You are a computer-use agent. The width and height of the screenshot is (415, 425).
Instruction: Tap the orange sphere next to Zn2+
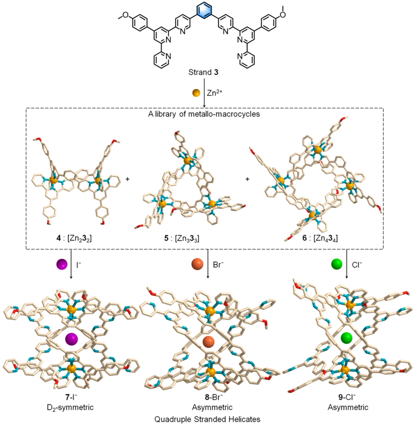click(x=196, y=93)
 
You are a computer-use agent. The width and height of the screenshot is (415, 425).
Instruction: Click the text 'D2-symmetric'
click(x=70, y=404)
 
